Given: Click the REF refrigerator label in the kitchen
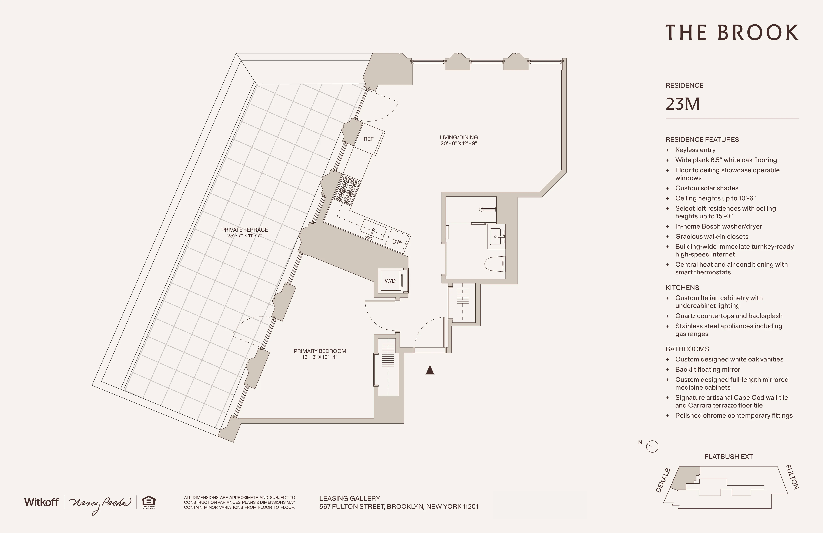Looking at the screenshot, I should click(368, 139).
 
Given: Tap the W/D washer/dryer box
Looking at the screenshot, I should click(390, 281).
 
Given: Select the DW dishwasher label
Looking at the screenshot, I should click(397, 242).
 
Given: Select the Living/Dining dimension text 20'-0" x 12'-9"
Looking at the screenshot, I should click(458, 143).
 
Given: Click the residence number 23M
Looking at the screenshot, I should click(683, 104).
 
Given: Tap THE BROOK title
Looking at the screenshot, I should click(732, 33).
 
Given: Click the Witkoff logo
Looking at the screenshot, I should click(41, 502).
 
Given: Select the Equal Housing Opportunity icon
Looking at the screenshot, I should click(149, 502).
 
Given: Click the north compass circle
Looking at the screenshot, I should click(652, 446).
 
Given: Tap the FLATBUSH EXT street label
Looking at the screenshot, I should click(729, 456).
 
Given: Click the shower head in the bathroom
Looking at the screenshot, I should click(481, 209).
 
